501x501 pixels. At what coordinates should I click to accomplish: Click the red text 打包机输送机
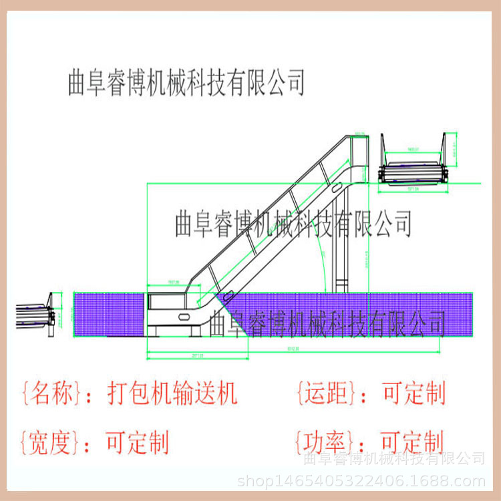(172, 393)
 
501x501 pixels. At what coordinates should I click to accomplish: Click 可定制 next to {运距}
(413, 393)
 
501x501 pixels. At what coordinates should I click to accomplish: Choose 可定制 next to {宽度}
(138, 442)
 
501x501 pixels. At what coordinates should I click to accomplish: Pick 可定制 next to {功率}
(412, 442)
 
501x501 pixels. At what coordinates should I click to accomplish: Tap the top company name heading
(187, 83)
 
